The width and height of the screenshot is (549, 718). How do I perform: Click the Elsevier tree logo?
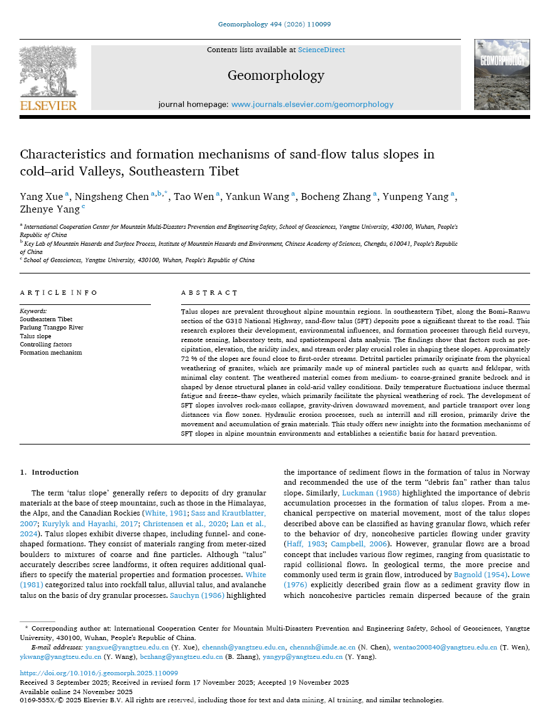[x=48, y=72]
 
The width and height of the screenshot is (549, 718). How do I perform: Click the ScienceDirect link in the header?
[x=321, y=50]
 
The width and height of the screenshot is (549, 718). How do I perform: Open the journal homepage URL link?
[x=312, y=104]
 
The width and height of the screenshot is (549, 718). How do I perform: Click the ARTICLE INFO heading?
[x=58, y=293]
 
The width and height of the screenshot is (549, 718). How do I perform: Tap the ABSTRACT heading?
[x=209, y=293]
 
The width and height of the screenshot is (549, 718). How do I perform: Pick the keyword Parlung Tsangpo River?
[x=52, y=328]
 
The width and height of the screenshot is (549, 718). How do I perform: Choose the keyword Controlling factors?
[x=46, y=345]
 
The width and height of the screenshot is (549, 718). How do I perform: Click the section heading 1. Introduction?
[x=49, y=472]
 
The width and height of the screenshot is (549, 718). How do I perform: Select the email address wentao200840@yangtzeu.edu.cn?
[x=440, y=647]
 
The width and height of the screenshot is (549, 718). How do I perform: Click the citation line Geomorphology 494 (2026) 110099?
[x=274, y=25]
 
